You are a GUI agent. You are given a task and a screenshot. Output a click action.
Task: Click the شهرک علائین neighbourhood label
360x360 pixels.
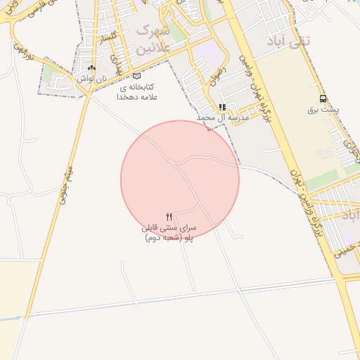[149, 39]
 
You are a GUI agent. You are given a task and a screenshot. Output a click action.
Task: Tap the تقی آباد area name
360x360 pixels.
[288, 41]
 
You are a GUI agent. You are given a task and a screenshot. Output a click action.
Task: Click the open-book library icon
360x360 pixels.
[136, 76]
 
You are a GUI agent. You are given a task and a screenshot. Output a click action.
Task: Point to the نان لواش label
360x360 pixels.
[92, 79]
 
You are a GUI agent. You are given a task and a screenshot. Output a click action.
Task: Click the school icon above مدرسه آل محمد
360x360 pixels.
[222, 107]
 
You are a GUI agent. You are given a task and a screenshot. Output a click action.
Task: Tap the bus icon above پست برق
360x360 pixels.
[323, 98]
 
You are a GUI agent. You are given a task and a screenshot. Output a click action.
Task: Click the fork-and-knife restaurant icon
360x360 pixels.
[169, 217]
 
